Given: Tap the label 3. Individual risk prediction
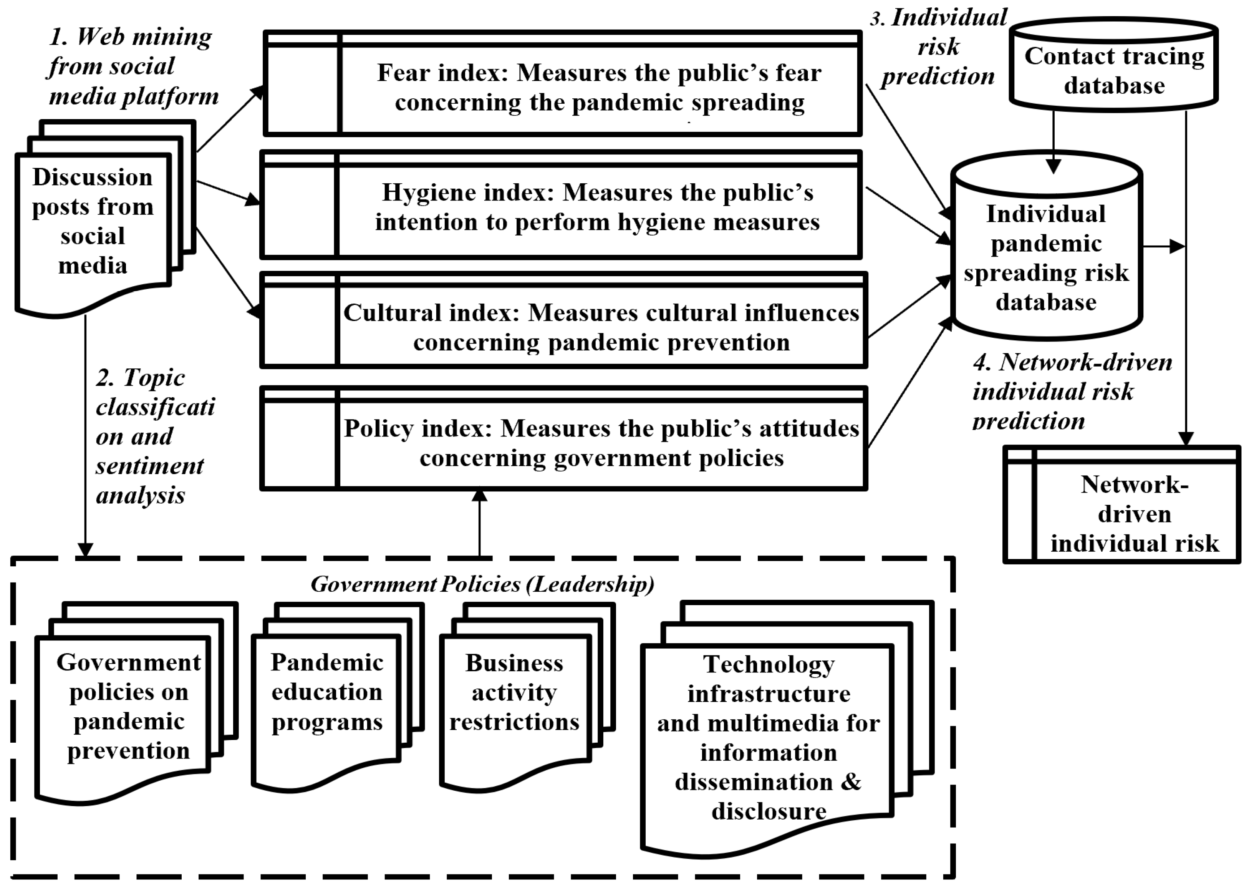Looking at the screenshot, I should click(939, 47).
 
